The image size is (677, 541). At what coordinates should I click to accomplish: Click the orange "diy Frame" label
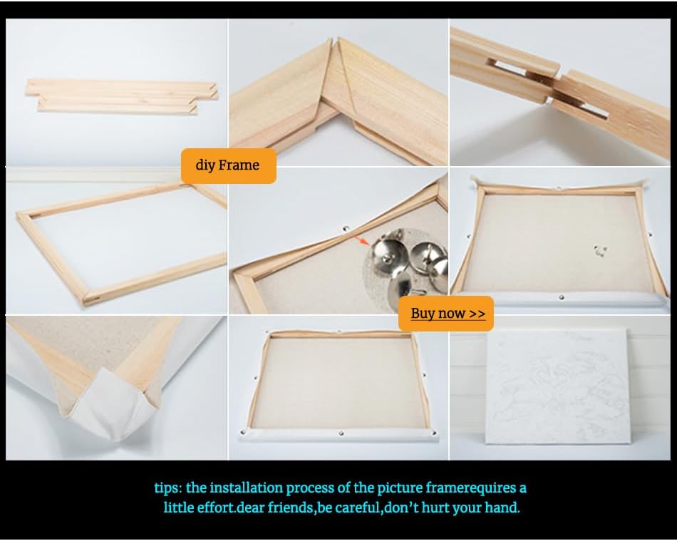229,166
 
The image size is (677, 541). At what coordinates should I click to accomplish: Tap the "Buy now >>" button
446,314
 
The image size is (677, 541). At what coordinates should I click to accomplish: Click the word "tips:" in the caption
168,488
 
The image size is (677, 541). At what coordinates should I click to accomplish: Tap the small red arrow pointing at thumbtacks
362,240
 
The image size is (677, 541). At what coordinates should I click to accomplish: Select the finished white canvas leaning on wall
557,386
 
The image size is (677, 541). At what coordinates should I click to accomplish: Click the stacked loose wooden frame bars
121,96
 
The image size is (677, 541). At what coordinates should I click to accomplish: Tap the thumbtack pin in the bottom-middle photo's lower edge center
341,433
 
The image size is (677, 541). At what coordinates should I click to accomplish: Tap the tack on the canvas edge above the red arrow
346,227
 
